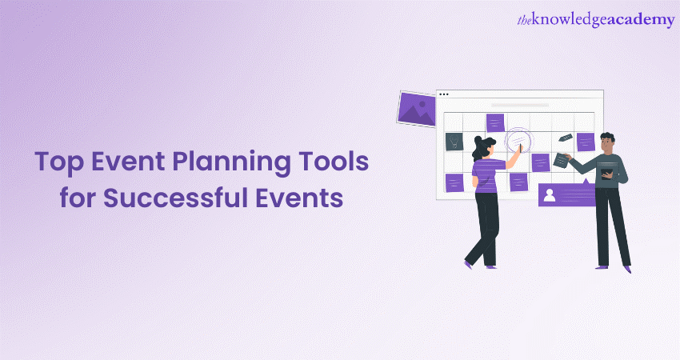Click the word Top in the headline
59,162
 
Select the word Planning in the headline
231,162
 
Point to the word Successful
174,198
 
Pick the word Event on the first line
128,162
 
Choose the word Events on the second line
299,198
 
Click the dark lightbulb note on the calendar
454,142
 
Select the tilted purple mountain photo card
417,109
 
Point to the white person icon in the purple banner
550,196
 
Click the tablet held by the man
607,174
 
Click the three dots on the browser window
444,94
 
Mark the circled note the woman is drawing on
519,141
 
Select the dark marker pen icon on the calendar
565,138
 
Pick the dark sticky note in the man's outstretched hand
561,161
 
